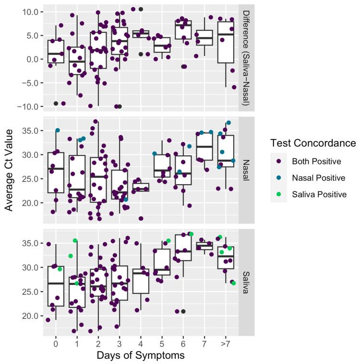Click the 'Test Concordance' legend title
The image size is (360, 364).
click(313, 143)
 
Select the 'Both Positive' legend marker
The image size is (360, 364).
click(279, 161)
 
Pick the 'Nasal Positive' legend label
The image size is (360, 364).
click(318, 177)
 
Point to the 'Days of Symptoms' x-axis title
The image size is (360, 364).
click(139, 355)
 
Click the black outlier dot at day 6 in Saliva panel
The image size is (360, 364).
click(183, 311)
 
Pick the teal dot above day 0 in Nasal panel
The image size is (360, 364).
click(58, 130)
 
